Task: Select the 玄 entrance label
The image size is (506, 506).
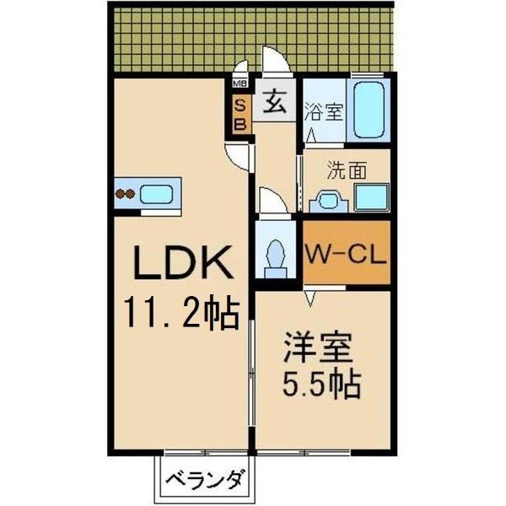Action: pos(275,105)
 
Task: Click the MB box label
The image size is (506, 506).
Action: pos(240,83)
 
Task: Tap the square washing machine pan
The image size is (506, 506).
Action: pos(371,196)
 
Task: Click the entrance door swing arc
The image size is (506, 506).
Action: pos(274,62)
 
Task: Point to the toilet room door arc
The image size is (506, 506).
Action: pos(272,202)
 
